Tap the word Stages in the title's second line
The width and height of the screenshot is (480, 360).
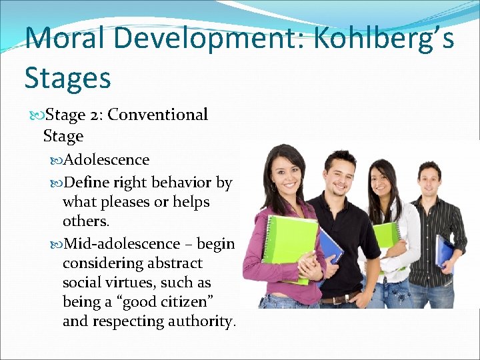(67, 77)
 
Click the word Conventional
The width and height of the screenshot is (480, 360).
(158, 115)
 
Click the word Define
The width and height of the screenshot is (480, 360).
(88, 182)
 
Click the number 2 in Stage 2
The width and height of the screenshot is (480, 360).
(95, 115)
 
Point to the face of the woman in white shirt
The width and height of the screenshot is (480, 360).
(381, 179)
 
